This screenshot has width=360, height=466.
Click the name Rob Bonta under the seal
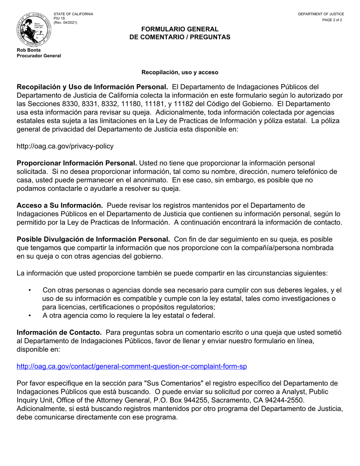[29, 50]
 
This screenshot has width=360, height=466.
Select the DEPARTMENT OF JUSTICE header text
[321, 14]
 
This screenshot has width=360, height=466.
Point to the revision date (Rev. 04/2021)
[65, 22]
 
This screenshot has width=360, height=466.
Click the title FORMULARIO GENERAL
[180, 29]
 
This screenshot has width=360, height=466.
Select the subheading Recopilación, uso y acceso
[180, 72]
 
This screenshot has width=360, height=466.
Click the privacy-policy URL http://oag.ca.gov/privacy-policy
[65, 146]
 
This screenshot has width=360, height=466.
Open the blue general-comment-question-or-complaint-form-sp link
[132, 366]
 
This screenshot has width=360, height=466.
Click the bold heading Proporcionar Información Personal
[77, 163]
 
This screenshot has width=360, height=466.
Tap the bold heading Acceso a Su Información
[60, 205]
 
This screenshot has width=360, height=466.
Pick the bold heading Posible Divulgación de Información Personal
[93, 239]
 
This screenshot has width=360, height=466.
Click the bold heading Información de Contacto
[59, 332]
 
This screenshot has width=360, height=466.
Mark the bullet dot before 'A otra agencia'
[30, 315]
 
